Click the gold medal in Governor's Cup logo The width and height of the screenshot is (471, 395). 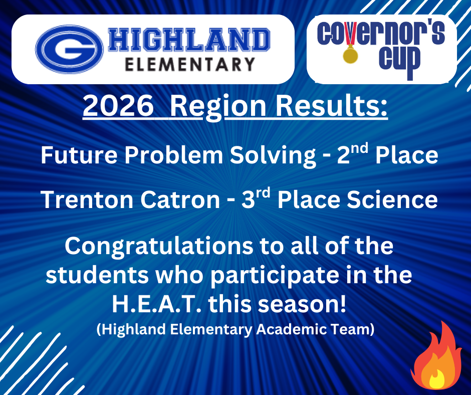tap(349, 53)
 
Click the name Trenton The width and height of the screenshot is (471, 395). tap(86, 201)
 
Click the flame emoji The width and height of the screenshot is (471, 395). tap(436, 357)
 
